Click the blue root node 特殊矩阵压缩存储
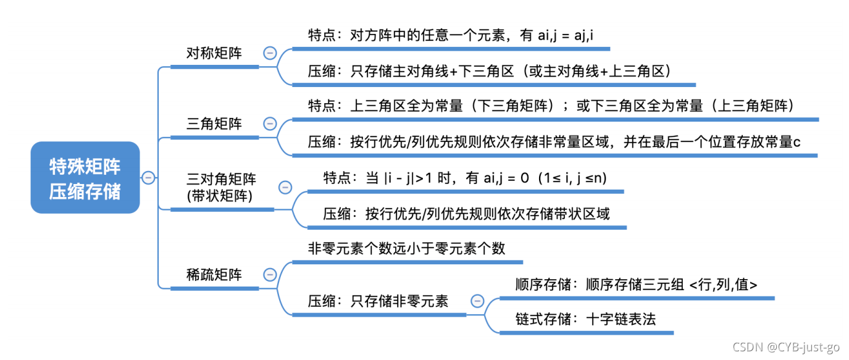pyautogui.click(x=85, y=178)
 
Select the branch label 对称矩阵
pyautogui.click(x=214, y=53)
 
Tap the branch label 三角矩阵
pyautogui.click(x=214, y=124)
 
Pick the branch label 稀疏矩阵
pyautogui.click(x=214, y=275)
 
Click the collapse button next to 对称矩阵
pyautogui.click(x=270, y=53)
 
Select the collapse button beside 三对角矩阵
pyautogui.click(x=285, y=187)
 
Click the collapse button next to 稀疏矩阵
pyautogui.click(x=270, y=275)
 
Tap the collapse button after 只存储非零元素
pyautogui.click(x=477, y=301)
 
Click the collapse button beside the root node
pyautogui.click(x=148, y=178)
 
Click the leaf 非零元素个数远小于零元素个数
pyautogui.click(x=407, y=248)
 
